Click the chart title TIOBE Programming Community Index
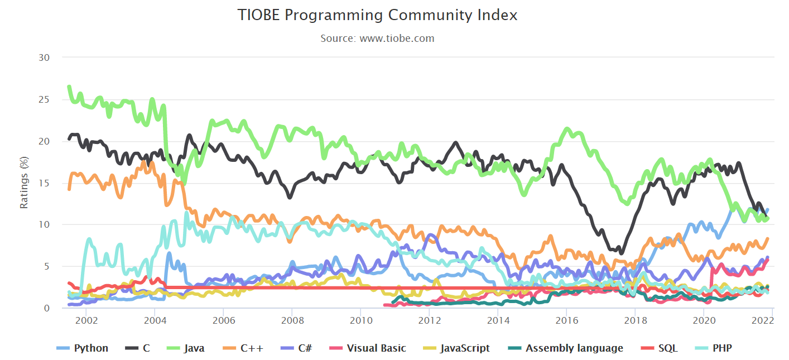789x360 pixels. (378, 16)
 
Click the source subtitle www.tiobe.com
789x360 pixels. (378, 39)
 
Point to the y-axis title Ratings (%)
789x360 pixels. (24, 183)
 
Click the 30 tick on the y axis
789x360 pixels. (44, 57)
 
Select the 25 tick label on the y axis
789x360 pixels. (44, 99)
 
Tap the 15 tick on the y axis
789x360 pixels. (44, 183)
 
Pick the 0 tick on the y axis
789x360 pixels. (47, 308)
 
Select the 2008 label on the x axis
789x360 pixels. (292, 320)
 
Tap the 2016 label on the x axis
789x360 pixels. (566, 320)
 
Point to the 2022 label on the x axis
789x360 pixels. (762, 320)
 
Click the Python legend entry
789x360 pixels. (91, 348)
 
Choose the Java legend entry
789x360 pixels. (194, 348)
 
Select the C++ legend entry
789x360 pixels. (252, 348)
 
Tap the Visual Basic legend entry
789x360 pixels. (376, 348)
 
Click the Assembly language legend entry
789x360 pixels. (574, 348)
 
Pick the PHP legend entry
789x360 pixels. (721, 348)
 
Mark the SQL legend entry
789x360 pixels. (667, 348)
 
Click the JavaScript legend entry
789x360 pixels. (465, 348)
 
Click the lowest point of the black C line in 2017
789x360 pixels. (620, 253)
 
